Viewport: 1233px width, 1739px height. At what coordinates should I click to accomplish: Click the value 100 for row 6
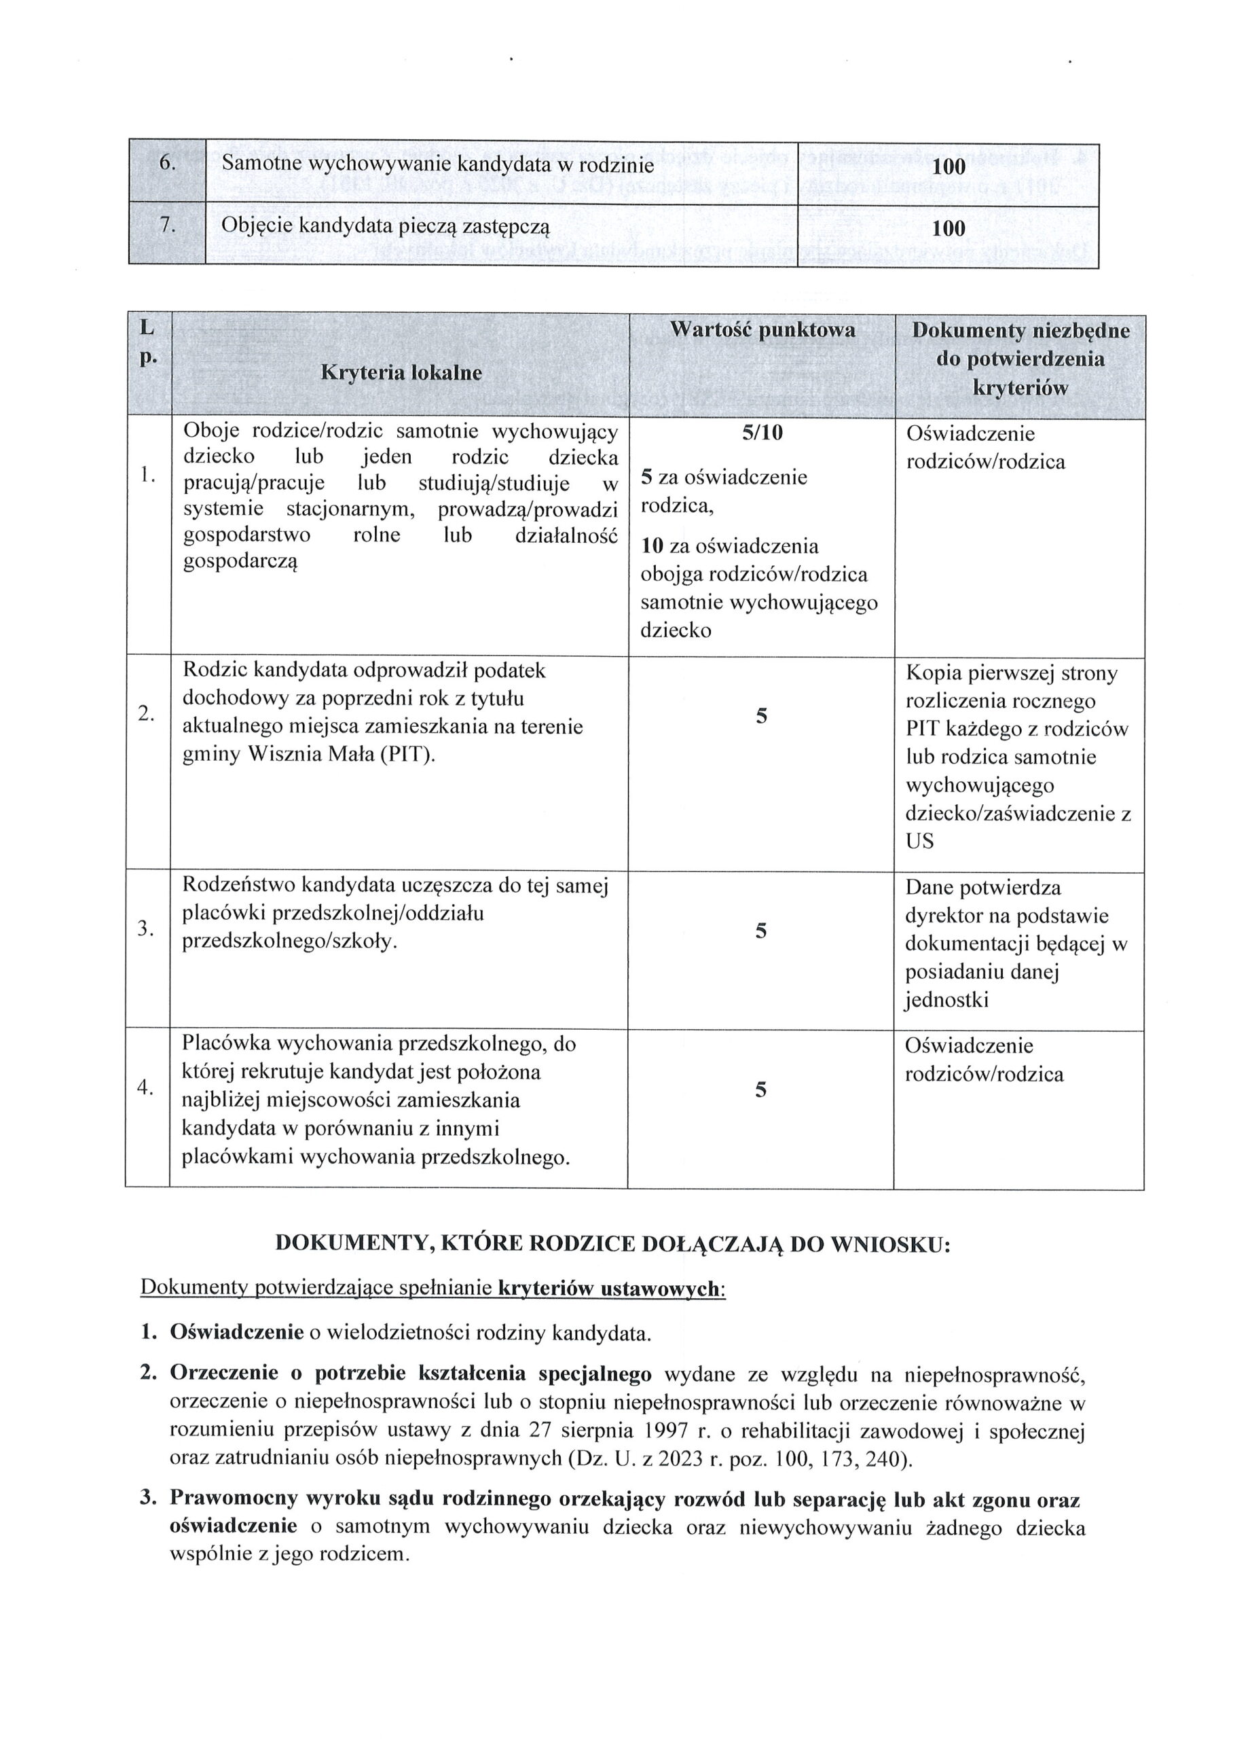pyautogui.click(x=948, y=166)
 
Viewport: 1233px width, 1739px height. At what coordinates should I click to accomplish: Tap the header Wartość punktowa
pyautogui.click(x=762, y=329)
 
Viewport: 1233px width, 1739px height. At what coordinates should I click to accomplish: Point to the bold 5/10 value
pyautogui.click(x=762, y=433)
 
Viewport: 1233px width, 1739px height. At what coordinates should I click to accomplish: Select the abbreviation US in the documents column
pyautogui.click(x=919, y=842)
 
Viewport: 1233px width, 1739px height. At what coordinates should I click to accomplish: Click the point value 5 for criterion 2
pyautogui.click(x=762, y=715)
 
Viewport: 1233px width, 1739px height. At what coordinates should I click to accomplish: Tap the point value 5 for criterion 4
pyautogui.click(x=762, y=1090)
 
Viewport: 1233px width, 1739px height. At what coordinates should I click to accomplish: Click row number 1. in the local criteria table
pyautogui.click(x=147, y=476)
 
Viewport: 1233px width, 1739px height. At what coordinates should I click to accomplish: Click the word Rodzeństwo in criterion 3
pyautogui.click(x=239, y=885)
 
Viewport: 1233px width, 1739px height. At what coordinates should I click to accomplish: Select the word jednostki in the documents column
pyautogui.click(x=946, y=1000)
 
